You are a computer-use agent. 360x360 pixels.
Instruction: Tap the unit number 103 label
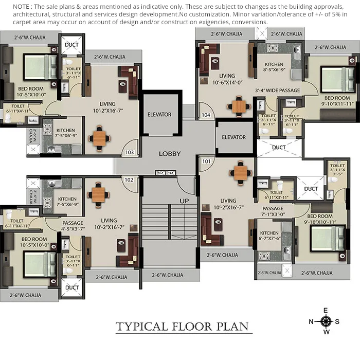click(130, 152)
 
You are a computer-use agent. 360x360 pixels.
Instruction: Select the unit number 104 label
click(205, 115)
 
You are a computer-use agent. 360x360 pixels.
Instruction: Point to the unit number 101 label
click(206, 161)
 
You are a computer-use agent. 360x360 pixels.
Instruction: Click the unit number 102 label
click(129, 180)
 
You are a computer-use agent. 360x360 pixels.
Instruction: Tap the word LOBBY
click(169, 154)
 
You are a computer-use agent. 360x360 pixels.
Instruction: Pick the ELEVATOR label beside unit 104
click(233, 137)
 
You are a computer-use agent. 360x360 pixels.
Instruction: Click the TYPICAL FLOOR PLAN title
click(182, 327)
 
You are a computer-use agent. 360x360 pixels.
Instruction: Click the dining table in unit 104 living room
click(239, 105)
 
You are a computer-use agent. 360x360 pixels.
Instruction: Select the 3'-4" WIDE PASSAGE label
click(277, 91)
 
